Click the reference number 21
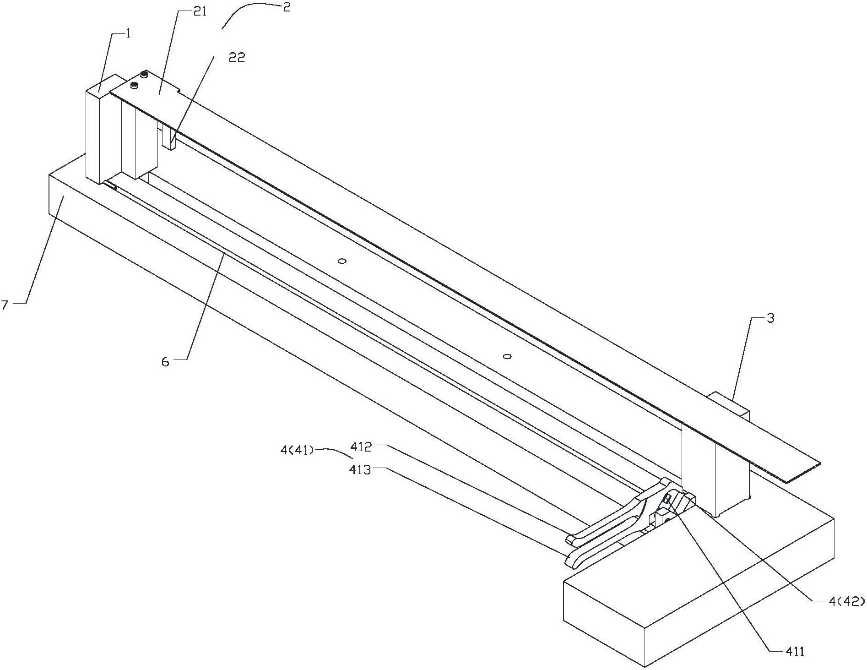200,12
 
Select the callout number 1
128,34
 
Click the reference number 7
5,305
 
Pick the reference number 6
165,362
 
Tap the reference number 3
770,318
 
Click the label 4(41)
297,451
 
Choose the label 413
360,469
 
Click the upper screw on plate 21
144,74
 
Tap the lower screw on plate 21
134,85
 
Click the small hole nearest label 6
341,261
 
